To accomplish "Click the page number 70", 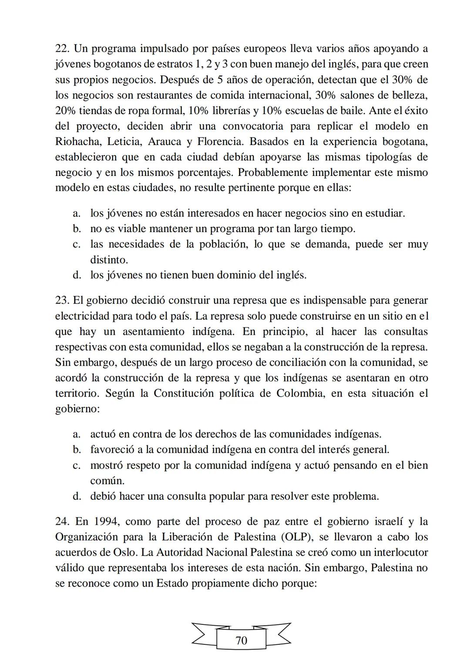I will pos(241,640).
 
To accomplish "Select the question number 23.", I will pos(63,300).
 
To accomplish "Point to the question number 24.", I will pos(63,521).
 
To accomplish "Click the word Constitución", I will pos(188,393).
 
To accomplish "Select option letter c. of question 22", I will pos(77,244).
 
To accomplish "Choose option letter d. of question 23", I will pos(77,496).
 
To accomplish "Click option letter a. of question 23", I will pos(77,434).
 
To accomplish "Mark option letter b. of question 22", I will pos(77,229).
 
